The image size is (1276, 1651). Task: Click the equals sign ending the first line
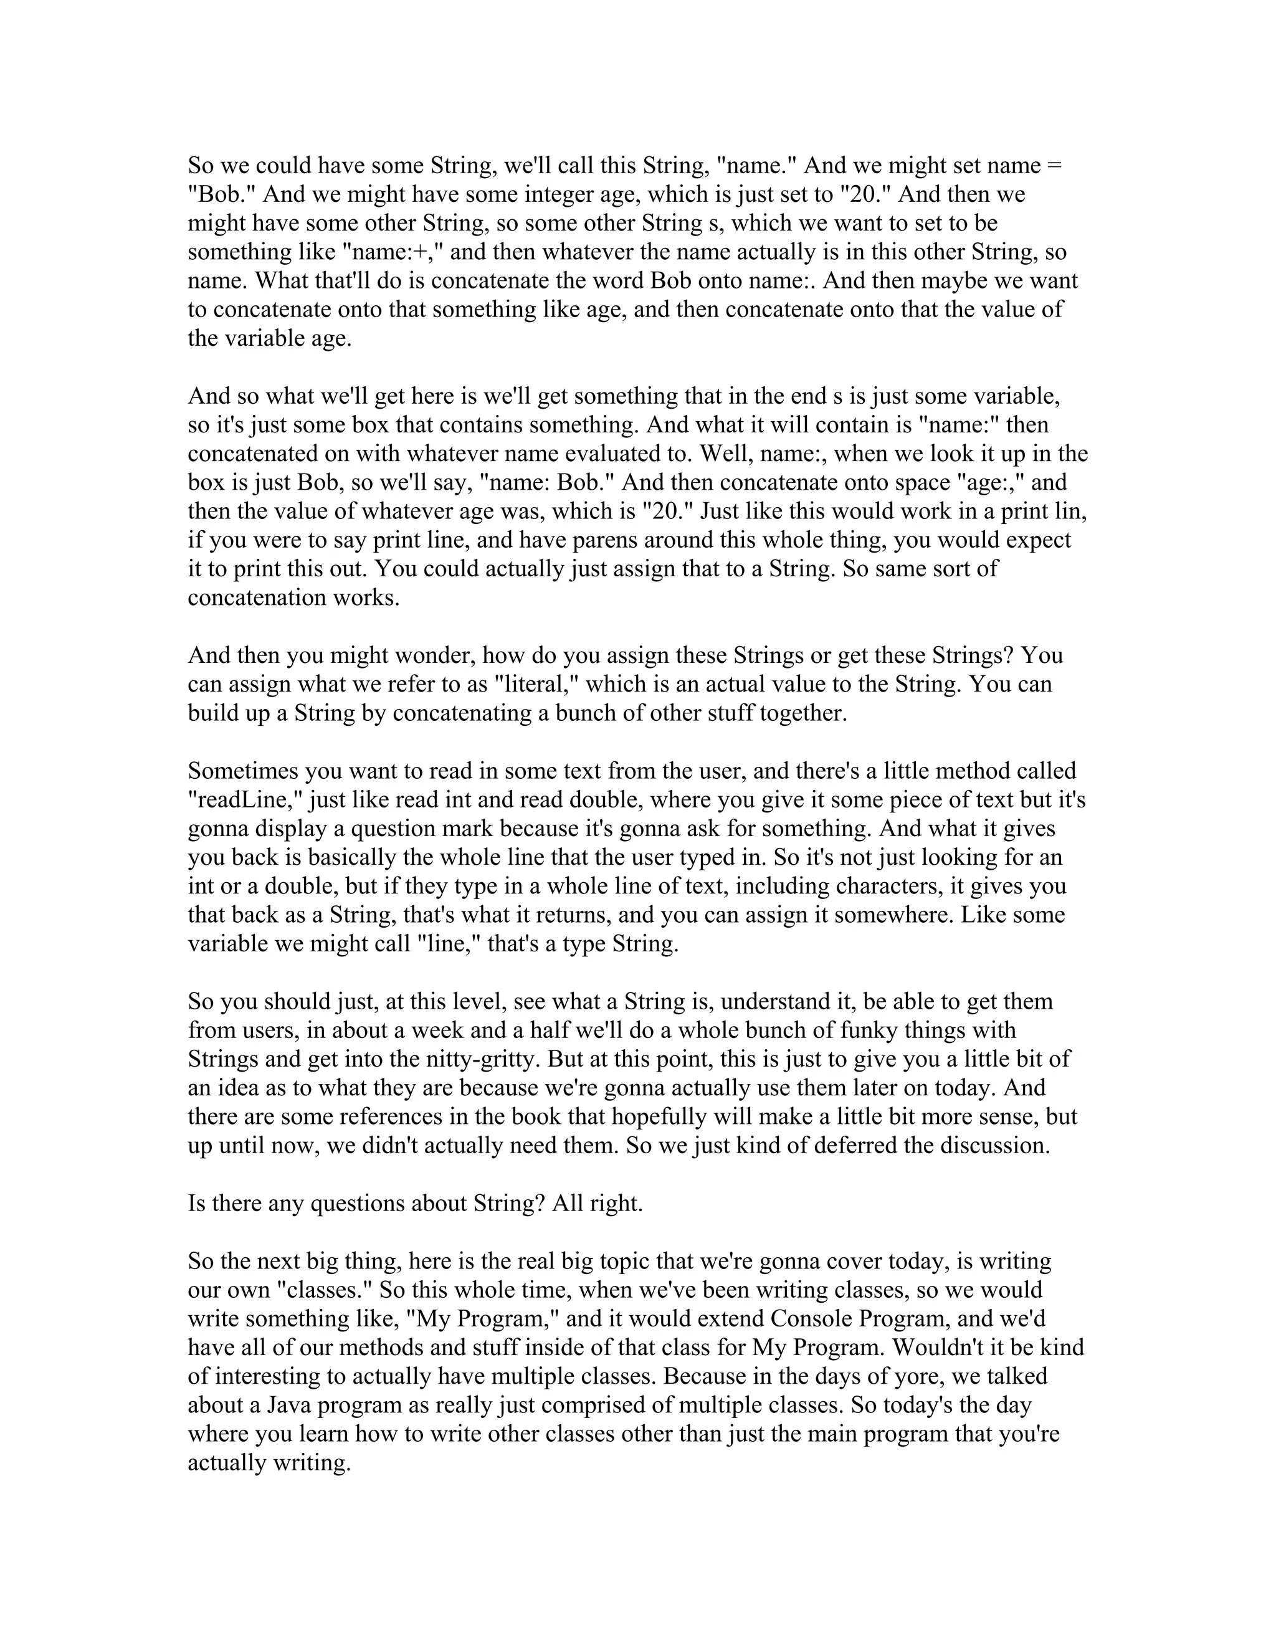coord(1055,166)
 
